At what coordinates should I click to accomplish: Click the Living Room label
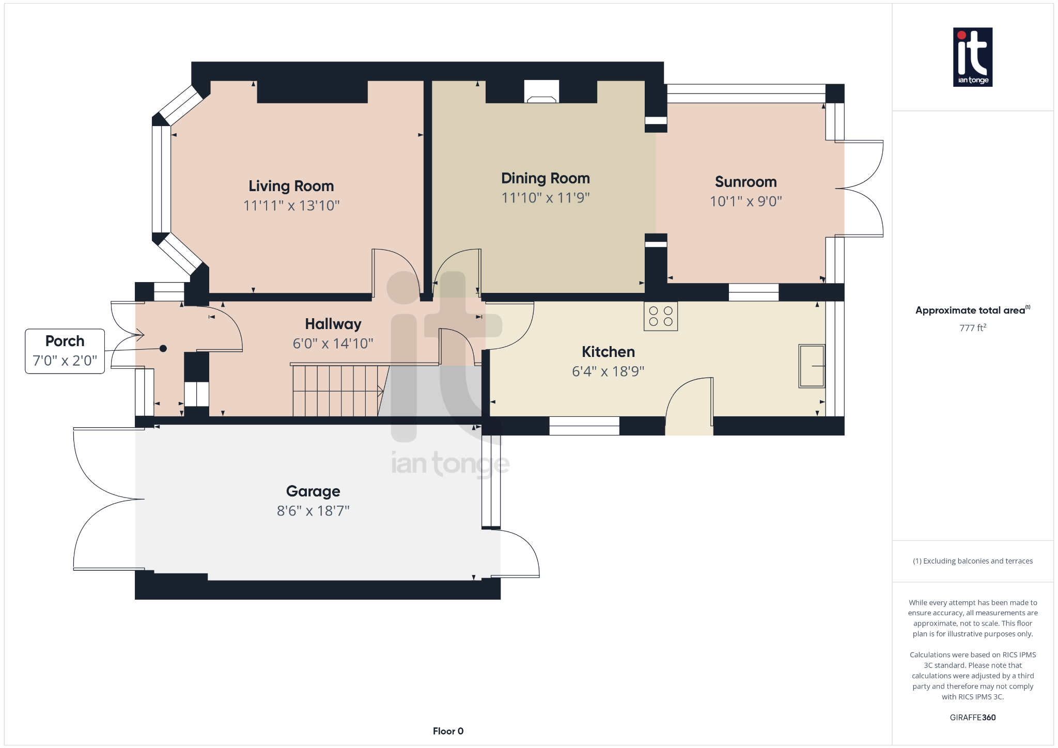click(x=291, y=186)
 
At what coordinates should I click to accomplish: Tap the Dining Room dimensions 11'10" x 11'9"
click(x=545, y=198)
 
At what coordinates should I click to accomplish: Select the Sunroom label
click(x=745, y=182)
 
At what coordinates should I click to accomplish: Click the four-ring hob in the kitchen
click(x=660, y=316)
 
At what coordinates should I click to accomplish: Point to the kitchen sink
click(x=811, y=366)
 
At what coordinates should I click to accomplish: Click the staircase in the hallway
click(x=338, y=391)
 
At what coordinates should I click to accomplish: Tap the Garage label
click(x=313, y=491)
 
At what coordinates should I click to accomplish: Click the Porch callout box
click(x=65, y=351)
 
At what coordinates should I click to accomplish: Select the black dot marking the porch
click(x=163, y=349)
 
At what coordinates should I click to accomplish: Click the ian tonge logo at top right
click(x=972, y=57)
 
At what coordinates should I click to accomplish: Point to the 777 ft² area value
click(x=972, y=328)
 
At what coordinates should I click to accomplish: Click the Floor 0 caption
click(x=448, y=731)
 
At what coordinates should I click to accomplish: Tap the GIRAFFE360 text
click(x=972, y=718)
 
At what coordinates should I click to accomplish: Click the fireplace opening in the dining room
click(x=541, y=92)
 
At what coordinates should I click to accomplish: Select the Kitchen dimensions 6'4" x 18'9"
click(x=608, y=371)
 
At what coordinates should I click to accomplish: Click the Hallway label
click(x=333, y=324)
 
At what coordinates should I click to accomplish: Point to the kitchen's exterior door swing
click(x=689, y=400)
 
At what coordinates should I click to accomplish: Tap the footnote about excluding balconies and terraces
click(x=972, y=561)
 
